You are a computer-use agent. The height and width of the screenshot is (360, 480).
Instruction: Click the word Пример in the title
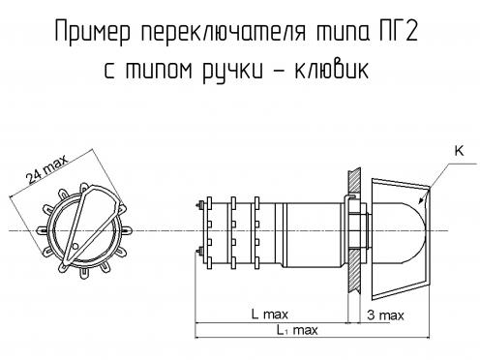click(93, 31)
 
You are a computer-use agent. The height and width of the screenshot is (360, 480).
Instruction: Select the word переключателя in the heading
click(223, 31)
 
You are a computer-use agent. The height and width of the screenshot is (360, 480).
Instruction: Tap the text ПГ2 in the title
click(398, 31)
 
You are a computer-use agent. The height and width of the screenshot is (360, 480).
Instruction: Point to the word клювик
click(331, 69)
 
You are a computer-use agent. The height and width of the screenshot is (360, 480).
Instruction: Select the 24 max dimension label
click(47, 168)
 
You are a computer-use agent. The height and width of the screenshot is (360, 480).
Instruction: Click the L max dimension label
click(270, 314)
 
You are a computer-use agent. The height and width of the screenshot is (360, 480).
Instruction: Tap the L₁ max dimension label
click(297, 330)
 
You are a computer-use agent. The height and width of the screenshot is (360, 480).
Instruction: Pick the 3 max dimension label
click(385, 315)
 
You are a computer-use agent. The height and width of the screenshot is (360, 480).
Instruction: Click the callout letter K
click(459, 151)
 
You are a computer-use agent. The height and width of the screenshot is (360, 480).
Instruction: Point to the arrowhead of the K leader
click(421, 201)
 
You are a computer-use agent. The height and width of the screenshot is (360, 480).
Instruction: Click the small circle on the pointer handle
click(75, 246)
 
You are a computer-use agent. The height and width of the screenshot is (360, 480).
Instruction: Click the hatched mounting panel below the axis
click(353, 270)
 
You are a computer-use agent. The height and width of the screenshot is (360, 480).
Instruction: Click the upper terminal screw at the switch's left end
click(200, 204)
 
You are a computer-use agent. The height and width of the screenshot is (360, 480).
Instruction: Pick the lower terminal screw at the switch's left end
click(200, 250)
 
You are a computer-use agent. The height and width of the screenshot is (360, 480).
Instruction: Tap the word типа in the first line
click(342, 31)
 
